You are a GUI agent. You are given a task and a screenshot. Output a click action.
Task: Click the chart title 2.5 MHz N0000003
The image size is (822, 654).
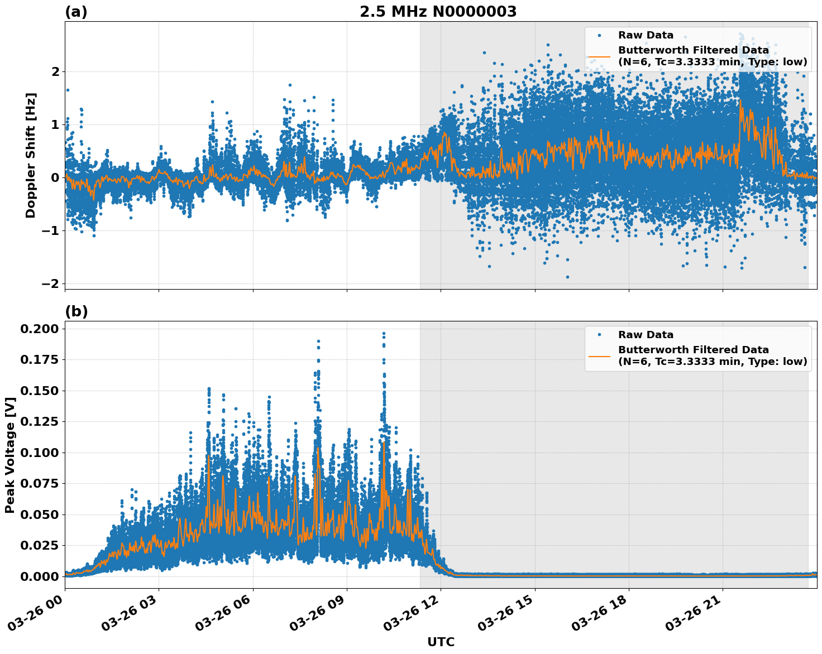[x=438, y=12]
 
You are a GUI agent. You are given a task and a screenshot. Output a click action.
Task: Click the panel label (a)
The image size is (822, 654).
[x=76, y=12]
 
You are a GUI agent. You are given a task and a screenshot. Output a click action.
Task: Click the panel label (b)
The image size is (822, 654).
[x=76, y=311]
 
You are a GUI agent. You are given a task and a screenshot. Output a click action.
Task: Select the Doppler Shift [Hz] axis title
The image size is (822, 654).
[x=31, y=155]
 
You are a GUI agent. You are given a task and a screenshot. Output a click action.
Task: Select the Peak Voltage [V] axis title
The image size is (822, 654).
[x=10, y=455]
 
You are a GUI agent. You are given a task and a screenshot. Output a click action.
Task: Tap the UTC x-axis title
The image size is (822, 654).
[x=441, y=642]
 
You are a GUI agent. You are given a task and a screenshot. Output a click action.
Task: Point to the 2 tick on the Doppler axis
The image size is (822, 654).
[x=55, y=71]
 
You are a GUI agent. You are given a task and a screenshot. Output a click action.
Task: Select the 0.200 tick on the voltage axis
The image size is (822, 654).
[x=39, y=329]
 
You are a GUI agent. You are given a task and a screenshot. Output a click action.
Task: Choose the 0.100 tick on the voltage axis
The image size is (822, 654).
[x=39, y=453]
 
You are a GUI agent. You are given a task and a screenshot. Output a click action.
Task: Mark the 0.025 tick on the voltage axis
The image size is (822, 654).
[x=39, y=545]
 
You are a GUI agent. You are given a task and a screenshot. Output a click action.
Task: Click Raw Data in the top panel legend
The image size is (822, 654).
[x=646, y=35]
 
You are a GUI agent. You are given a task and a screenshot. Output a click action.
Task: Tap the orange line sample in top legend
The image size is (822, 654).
[x=599, y=56]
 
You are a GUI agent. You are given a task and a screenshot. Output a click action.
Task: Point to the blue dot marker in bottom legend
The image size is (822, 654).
[x=599, y=335]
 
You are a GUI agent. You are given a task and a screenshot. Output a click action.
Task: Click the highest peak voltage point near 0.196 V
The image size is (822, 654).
[x=384, y=334]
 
